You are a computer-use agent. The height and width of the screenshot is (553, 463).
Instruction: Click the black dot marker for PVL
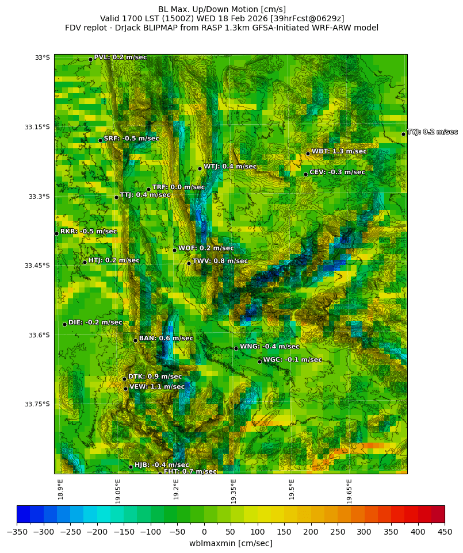(x=90, y=59)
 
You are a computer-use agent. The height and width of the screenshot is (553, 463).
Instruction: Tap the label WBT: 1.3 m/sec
(x=339, y=151)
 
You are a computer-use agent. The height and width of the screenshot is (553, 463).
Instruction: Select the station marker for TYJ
(x=403, y=134)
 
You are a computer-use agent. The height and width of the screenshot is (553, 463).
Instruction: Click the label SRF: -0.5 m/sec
(x=131, y=139)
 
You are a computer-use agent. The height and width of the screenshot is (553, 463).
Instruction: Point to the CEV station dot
(x=305, y=174)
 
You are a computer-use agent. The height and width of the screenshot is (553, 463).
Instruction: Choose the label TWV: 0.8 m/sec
(x=220, y=261)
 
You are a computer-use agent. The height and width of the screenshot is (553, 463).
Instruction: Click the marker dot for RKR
(x=56, y=233)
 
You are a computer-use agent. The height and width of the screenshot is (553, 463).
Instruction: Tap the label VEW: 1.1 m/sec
(x=157, y=387)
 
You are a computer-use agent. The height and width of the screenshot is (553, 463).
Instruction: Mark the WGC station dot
(x=259, y=362)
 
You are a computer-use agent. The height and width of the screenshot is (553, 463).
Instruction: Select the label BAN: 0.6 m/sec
(x=166, y=339)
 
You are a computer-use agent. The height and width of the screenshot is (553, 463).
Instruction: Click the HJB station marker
(x=131, y=467)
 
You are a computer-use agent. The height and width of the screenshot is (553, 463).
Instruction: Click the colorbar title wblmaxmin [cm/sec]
(x=231, y=543)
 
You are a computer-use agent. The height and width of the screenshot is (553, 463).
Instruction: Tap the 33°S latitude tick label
(x=42, y=57)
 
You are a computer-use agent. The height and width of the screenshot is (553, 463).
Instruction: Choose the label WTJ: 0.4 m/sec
(x=230, y=167)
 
